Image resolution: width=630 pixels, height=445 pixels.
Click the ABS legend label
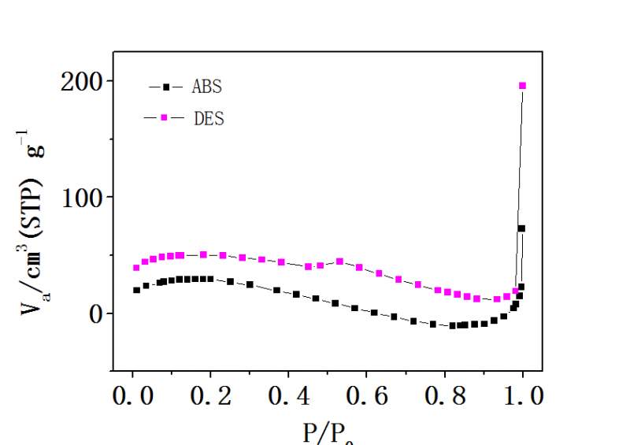pyautogui.click(x=207, y=87)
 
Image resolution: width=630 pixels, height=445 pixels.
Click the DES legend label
pyautogui.click(x=208, y=119)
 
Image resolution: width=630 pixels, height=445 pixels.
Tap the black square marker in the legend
pyautogui.click(x=166, y=87)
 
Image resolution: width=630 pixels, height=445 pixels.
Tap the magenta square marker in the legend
pyautogui.click(x=164, y=118)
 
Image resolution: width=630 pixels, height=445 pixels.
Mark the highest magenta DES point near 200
pyautogui.click(x=522, y=86)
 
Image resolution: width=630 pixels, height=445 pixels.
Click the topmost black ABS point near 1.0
pyautogui.click(x=521, y=228)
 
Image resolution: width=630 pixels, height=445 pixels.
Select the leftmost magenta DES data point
pyautogui.click(x=136, y=268)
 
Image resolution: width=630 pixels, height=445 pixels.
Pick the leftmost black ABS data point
pyautogui.click(x=136, y=290)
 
